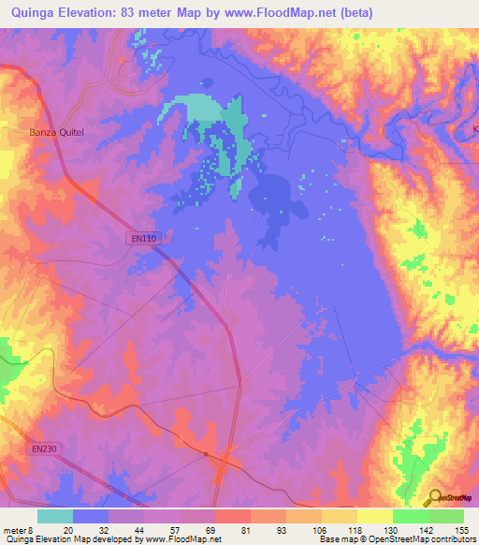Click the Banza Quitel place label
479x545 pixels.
56,132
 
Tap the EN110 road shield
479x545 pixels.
143,240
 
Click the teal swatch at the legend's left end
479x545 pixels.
54,516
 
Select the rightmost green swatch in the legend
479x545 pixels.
446,516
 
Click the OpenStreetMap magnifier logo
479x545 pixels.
434,497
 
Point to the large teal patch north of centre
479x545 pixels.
201,112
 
